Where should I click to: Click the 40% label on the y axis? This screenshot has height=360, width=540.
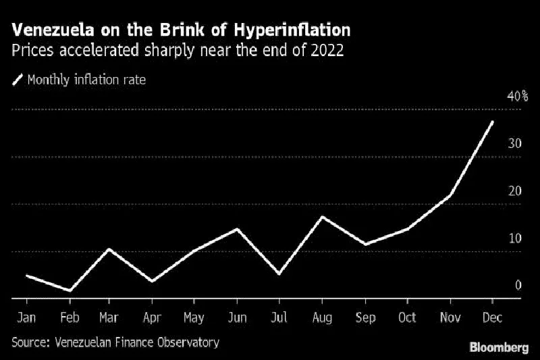point(517,97)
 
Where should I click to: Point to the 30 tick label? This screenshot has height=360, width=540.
point(515,144)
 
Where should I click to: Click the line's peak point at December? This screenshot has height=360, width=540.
point(492,122)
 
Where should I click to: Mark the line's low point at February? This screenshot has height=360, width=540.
point(69,290)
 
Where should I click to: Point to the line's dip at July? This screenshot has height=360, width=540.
point(279,274)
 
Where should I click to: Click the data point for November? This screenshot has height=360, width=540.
point(450,195)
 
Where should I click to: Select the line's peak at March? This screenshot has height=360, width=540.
point(110,249)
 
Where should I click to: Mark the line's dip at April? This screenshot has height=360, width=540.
point(153,281)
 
